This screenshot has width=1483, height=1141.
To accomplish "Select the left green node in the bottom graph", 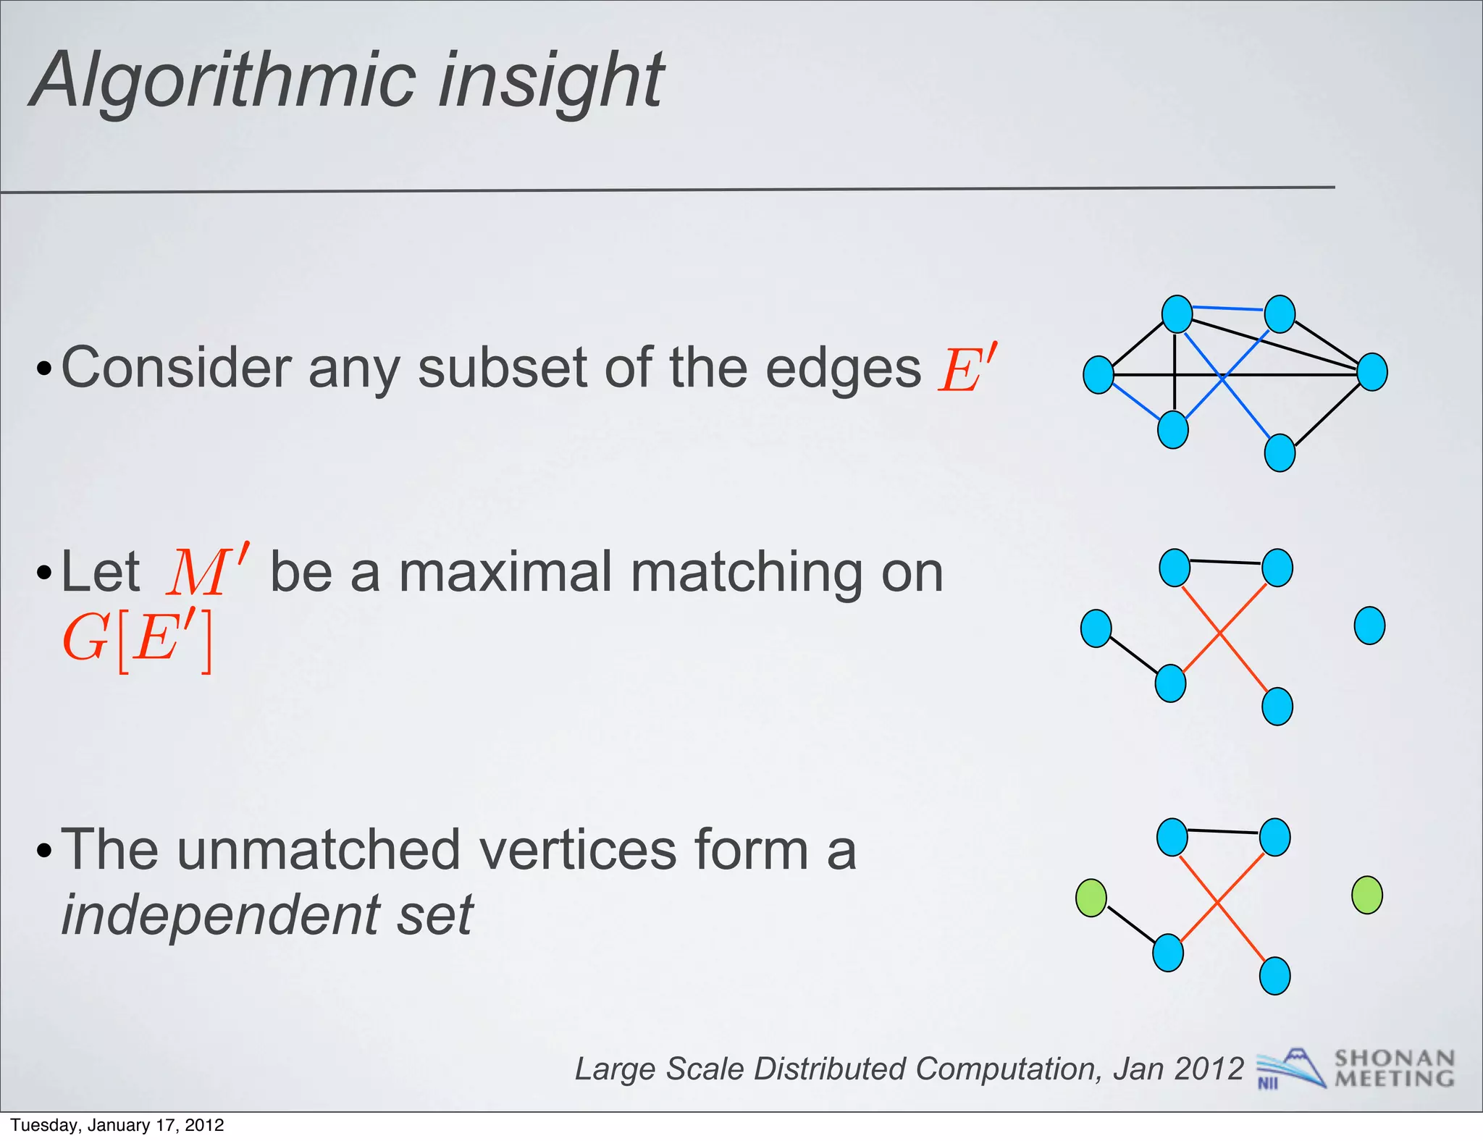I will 1091,898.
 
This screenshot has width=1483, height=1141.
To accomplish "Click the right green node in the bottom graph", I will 1367,895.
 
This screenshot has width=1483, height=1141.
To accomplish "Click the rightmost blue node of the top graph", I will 1372,372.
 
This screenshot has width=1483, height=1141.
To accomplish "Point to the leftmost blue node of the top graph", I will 1098,375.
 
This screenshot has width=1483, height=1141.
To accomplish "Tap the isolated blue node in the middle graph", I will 1369,626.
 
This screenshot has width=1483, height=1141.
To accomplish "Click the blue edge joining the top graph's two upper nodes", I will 1228,308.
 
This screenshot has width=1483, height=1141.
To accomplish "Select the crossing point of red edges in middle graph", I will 1220,633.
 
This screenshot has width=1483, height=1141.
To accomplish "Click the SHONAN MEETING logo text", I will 1395,1069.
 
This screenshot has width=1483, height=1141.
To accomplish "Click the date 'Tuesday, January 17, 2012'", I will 117,1125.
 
